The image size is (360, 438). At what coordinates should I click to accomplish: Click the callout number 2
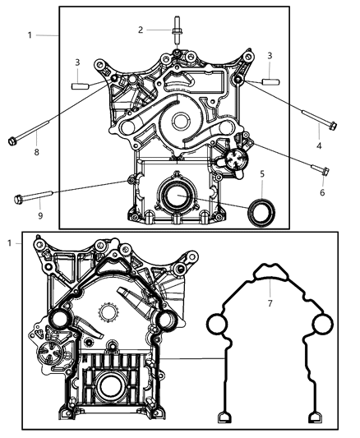tap(141, 30)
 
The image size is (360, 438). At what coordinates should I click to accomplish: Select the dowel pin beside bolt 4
tap(272, 81)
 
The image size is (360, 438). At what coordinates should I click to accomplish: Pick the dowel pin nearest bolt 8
tap(80, 85)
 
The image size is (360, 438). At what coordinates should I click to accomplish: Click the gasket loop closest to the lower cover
tap(216, 326)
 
